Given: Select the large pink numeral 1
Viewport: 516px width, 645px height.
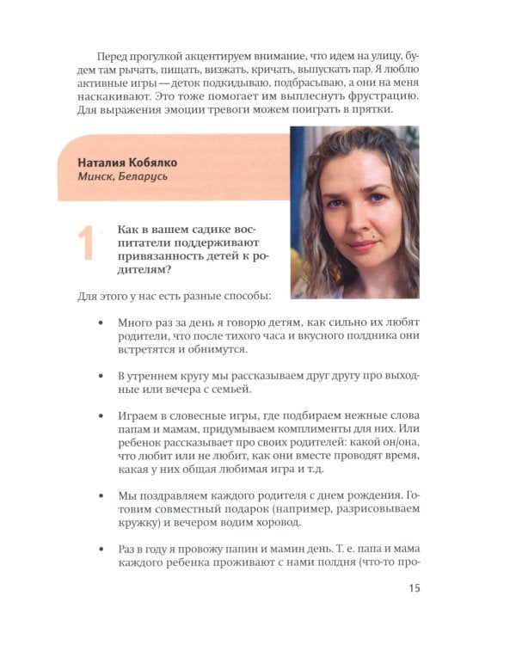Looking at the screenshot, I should click(84, 243).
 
